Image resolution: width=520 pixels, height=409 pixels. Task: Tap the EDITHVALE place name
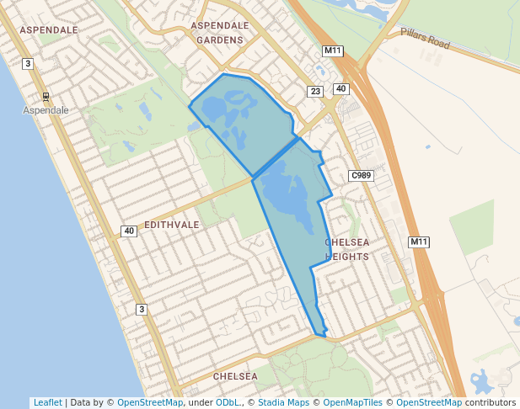click(172, 226)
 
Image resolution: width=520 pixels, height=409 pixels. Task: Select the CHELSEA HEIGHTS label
click(347, 250)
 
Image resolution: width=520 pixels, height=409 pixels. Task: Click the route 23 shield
click(315, 92)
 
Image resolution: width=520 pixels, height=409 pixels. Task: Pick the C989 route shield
click(361, 175)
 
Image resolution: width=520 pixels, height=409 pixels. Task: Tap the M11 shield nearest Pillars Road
click(332, 51)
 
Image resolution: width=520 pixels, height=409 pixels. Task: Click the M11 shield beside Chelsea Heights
click(419, 242)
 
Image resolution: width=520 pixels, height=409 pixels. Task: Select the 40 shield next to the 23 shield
click(340, 89)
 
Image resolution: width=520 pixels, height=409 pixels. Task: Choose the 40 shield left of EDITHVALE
click(128, 231)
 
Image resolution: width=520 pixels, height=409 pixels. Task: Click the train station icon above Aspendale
click(46, 96)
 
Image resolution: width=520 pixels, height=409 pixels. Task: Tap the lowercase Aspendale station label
click(46, 110)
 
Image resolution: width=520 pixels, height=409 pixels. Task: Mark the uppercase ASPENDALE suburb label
click(48, 30)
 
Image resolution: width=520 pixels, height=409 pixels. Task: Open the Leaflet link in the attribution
click(47, 402)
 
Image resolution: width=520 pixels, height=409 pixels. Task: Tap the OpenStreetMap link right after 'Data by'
click(150, 402)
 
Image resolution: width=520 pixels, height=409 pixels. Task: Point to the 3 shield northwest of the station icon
click(28, 64)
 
